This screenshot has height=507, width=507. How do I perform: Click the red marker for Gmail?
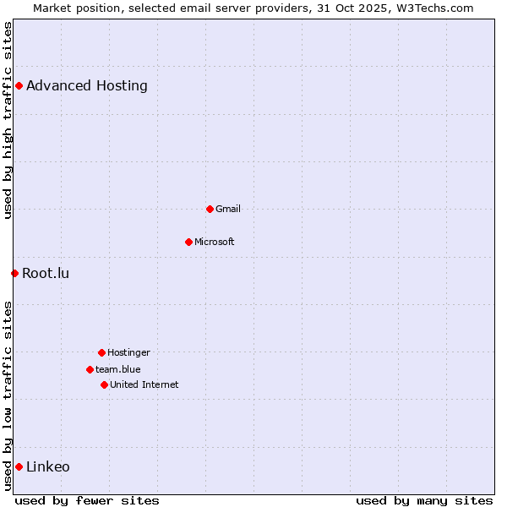210,209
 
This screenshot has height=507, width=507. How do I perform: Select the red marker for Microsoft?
188,242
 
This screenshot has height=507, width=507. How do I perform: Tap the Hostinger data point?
101,352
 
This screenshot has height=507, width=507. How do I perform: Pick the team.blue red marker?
90,369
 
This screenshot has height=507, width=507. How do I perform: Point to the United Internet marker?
104,384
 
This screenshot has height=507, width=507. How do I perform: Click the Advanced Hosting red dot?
19,85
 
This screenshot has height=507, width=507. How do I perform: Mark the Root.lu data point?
14,273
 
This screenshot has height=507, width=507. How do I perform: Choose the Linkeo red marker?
19,466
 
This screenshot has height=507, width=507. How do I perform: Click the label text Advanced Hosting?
87,85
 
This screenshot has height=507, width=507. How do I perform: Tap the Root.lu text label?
46,273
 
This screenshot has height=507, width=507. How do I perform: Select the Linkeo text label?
48,466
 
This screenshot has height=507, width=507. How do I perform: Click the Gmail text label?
228,209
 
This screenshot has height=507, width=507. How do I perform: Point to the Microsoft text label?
215,242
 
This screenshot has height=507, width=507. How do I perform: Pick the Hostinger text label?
128,352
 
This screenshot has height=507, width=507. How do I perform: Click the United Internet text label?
144,384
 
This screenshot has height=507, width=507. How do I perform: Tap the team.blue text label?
118,369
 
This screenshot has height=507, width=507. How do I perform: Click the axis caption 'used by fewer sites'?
87,500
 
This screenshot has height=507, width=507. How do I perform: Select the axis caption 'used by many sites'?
424,500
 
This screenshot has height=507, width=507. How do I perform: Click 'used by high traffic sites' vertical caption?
8,120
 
